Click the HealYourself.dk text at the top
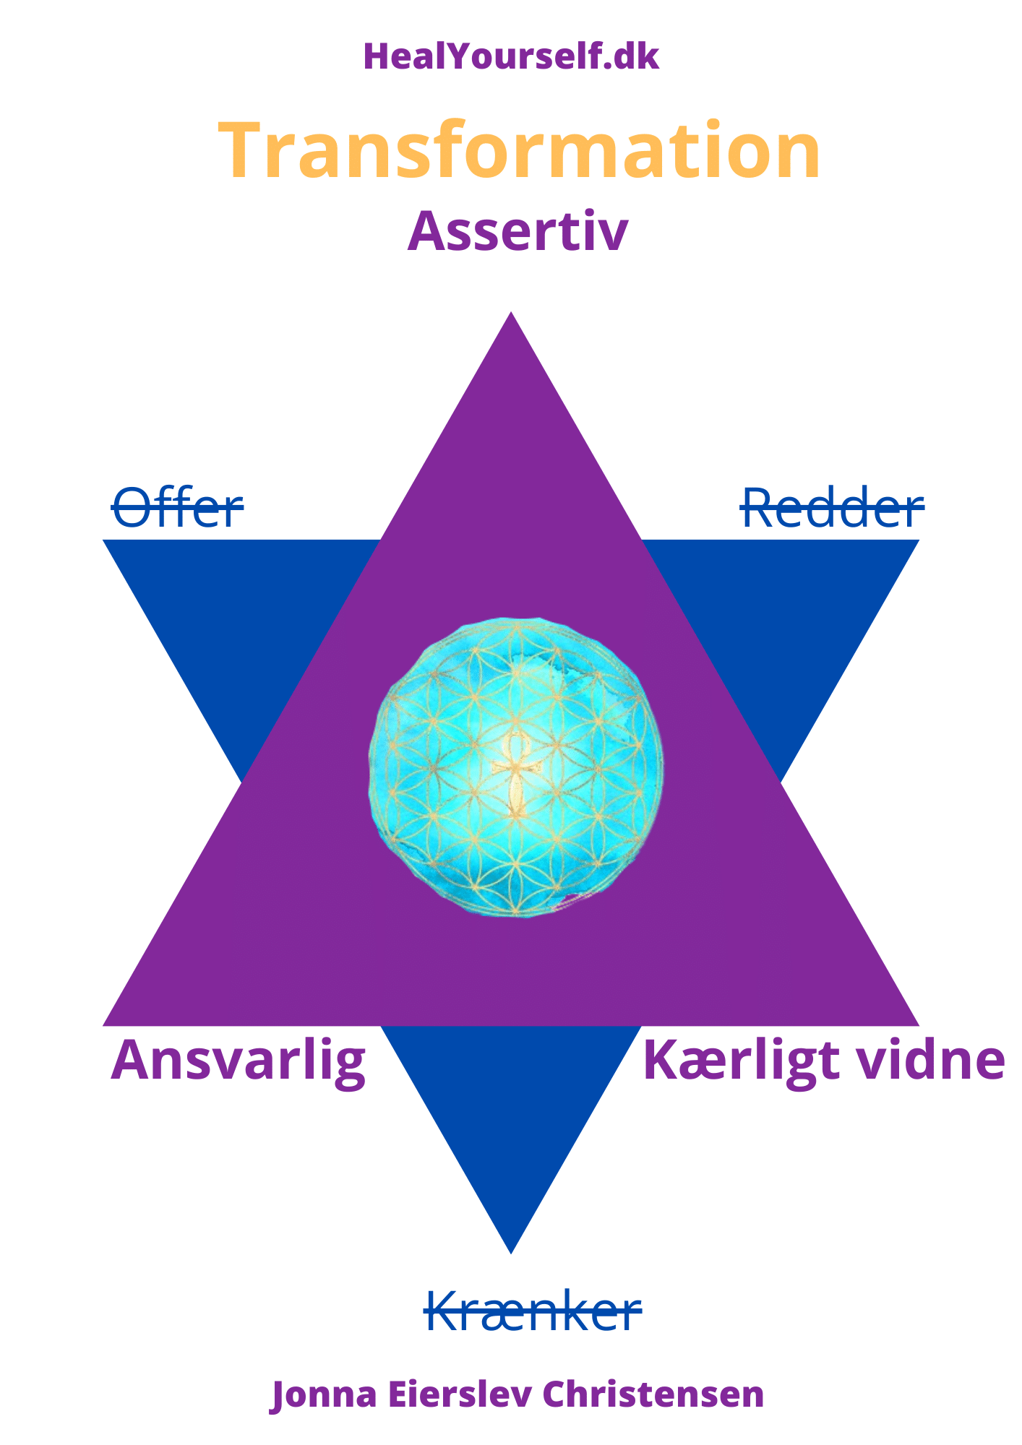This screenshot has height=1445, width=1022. [511, 56]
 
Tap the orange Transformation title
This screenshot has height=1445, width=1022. [519, 151]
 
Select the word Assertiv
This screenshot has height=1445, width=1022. [518, 231]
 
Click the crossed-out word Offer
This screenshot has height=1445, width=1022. [177, 508]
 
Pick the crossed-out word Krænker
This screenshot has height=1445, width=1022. [533, 1311]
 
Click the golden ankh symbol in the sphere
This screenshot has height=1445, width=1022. [515, 774]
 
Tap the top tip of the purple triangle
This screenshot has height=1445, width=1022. [512, 312]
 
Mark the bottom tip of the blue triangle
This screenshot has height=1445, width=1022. [511, 1254]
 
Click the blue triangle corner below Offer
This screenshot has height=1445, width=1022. [104, 540]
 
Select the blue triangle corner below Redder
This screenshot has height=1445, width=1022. [919, 540]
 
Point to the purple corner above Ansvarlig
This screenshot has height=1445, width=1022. [104, 1025]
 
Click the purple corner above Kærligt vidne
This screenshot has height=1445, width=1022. [919, 1025]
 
